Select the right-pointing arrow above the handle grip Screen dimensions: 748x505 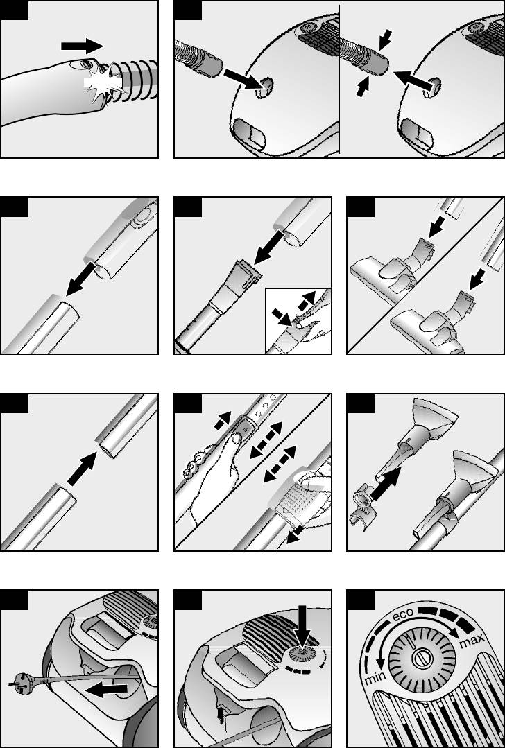82,46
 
